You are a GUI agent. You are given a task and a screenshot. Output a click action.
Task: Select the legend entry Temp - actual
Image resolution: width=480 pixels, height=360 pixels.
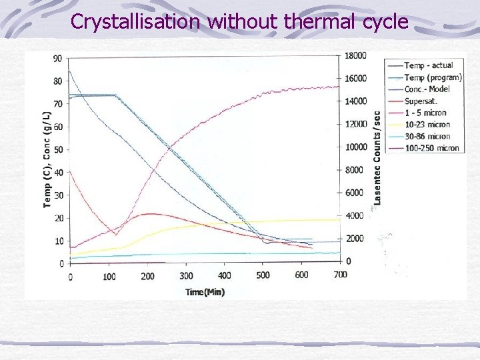428,65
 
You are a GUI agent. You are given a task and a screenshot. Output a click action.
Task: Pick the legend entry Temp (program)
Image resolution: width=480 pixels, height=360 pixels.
433,77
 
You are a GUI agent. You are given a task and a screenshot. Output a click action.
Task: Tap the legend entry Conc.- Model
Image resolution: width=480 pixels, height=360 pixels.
427,89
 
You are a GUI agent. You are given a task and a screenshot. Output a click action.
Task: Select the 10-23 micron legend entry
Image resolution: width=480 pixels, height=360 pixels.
427,124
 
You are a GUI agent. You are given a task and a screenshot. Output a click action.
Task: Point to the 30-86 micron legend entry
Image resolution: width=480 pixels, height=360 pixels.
427,136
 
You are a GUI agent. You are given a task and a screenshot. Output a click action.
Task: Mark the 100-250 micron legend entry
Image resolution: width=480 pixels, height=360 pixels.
431,148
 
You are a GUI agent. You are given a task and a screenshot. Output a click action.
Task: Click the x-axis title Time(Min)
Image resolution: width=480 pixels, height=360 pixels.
205,291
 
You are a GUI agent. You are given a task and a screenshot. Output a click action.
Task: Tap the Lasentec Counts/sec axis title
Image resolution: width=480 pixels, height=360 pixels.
378,157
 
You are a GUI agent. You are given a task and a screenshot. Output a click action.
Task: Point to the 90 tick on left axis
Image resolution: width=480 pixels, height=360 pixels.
57,59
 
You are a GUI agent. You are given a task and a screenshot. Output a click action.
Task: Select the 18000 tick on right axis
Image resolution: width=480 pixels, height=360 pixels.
356,56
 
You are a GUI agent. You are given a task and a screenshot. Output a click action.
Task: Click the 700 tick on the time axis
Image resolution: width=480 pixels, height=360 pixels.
340,275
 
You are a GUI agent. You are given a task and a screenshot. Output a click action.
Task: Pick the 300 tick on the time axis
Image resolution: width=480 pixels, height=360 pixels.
186,275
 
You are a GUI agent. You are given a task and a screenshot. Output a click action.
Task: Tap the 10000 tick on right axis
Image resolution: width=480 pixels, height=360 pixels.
356,147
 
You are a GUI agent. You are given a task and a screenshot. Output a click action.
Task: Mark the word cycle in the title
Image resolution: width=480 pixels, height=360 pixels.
386,22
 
